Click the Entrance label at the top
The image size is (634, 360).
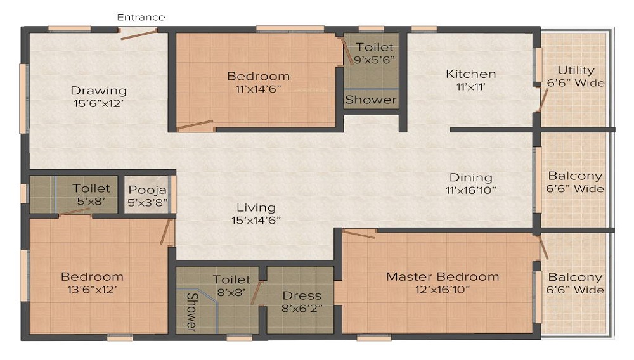click(141, 17)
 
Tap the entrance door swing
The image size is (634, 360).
click(139, 34)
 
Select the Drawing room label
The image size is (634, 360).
click(98, 91)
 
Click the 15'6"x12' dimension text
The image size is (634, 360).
click(98, 103)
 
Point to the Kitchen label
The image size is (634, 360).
click(470, 74)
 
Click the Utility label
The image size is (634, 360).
click(576, 70)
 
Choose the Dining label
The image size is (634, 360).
click(471, 177)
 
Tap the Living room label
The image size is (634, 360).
click(256, 207)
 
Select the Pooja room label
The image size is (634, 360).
click(147, 190)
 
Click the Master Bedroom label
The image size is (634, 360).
click(443, 277)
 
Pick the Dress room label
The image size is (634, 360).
click(302, 296)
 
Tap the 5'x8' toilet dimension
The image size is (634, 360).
click(91, 201)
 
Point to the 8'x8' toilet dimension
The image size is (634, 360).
click(231, 292)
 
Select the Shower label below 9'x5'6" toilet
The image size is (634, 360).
click(371, 100)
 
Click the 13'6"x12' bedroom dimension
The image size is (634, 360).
click(92, 290)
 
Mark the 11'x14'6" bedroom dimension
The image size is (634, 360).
click(258, 89)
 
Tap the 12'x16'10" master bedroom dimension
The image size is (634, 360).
click(443, 290)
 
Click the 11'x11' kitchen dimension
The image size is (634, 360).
click(470, 87)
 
